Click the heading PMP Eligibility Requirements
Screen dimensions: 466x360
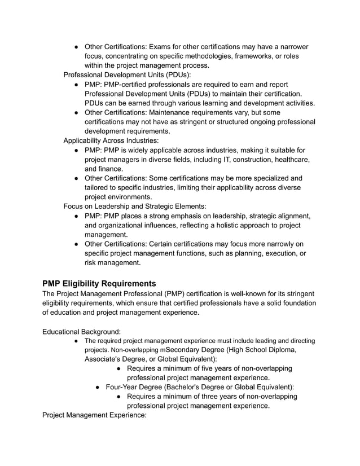pyautogui.click(x=99, y=283)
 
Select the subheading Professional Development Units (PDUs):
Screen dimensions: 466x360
pyautogui.click(x=127, y=74)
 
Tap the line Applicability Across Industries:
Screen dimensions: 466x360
pyautogui.click(x=111, y=140)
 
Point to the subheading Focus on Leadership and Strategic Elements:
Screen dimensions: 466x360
pyautogui.click(x=135, y=206)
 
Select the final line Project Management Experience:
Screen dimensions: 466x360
pyautogui.click(x=94, y=415)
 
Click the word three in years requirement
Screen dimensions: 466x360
pyautogui.click(x=212, y=396)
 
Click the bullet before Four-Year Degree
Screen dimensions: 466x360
pyautogui.click(x=98, y=388)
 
